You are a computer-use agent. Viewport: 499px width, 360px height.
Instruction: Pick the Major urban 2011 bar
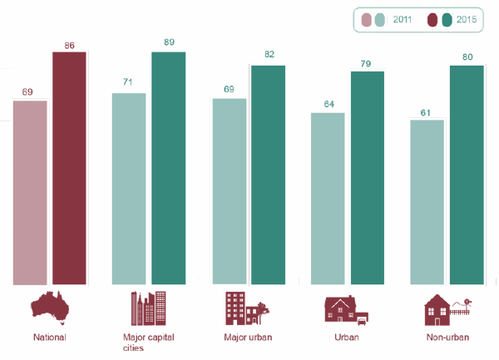[x=229, y=192]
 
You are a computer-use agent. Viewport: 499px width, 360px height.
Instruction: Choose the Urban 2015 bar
[x=368, y=178]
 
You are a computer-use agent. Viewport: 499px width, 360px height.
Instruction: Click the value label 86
[x=69, y=44]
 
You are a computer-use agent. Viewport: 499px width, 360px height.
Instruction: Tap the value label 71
[x=128, y=84]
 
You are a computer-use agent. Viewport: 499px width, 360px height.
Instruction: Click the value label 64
[x=328, y=104]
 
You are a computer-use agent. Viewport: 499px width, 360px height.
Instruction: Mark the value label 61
[x=427, y=111]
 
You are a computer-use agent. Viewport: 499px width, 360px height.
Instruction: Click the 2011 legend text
[x=403, y=18]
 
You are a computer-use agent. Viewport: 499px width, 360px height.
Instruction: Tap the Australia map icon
[x=49, y=308]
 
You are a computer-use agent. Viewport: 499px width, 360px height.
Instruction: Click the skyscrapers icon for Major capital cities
[x=148, y=308]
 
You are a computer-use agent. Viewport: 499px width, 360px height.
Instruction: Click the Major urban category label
[x=248, y=338]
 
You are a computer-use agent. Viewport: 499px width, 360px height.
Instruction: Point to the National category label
[x=49, y=338]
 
